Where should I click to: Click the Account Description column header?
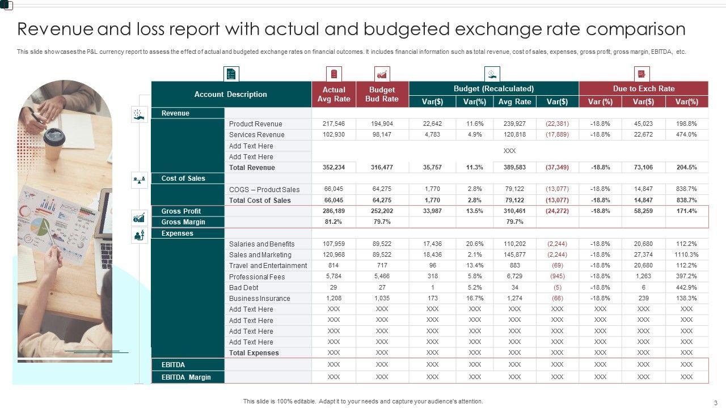pos(231,95)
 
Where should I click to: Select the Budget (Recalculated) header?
pos(493,88)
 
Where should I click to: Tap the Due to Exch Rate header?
pos(643,88)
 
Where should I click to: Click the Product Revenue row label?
pos(255,124)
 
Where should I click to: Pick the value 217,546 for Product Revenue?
pos(334,124)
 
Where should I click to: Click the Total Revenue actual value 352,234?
pos(334,168)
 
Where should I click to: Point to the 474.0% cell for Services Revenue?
pos(686,135)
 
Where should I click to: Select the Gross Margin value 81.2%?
pos(334,222)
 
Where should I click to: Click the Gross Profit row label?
pos(181,211)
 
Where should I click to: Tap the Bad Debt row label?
pos(243,288)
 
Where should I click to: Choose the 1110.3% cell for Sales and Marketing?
pos(686,255)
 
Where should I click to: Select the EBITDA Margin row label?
pos(185,377)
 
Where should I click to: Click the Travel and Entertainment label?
pos(268,266)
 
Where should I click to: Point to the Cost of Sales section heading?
pos(183,178)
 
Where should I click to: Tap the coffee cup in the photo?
pos(54,143)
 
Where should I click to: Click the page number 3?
pos(715,402)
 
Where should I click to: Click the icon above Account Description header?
pos(231,74)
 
